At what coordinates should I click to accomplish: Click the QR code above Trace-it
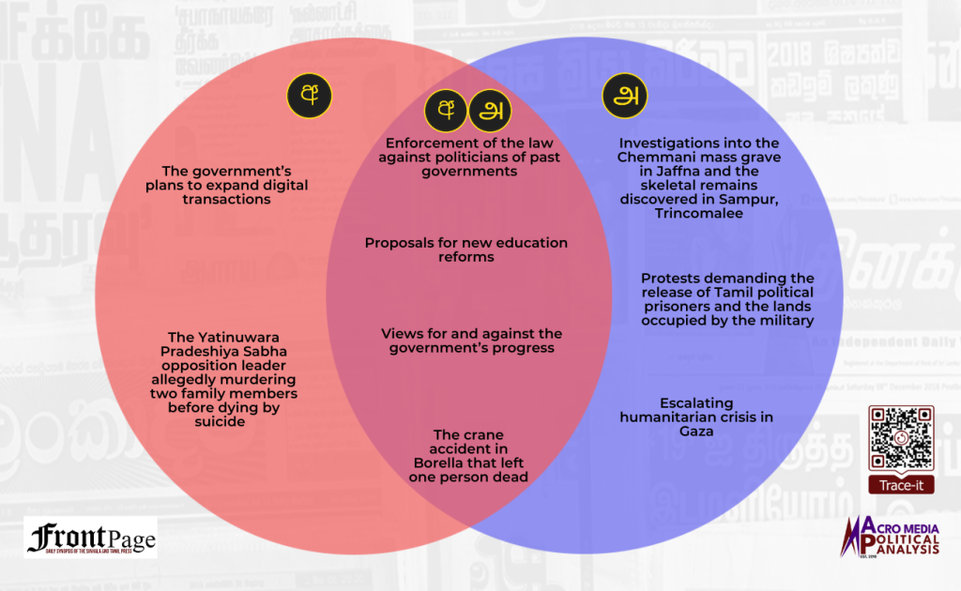coord(900,438)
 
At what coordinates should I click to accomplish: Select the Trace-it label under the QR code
coord(900,485)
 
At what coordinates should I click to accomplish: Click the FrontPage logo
coord(91,538)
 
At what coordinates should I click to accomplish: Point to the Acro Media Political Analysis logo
coord(892,540)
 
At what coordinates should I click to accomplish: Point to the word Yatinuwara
coord(209,337)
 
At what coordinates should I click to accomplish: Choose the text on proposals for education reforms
coord(465,249)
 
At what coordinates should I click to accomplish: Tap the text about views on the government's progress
coord(471,341)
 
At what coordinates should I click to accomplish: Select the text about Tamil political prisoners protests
coord(726,299)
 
